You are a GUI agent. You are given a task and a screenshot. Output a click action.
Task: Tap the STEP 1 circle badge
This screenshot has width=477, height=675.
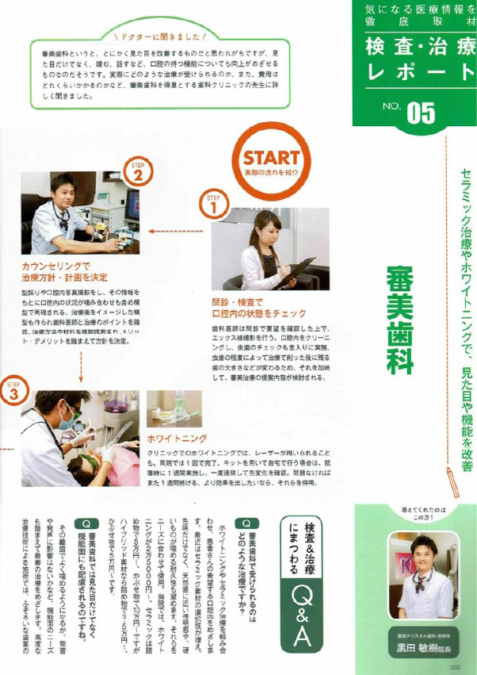pyautogui.click(x=213, y=205)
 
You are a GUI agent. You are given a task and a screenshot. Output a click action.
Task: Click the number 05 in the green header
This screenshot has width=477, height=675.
pyautogui.click(x=421, y=113)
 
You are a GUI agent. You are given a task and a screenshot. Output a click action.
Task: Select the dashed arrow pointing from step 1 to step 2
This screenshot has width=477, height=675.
pyautogui.click(x=175, y=232)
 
